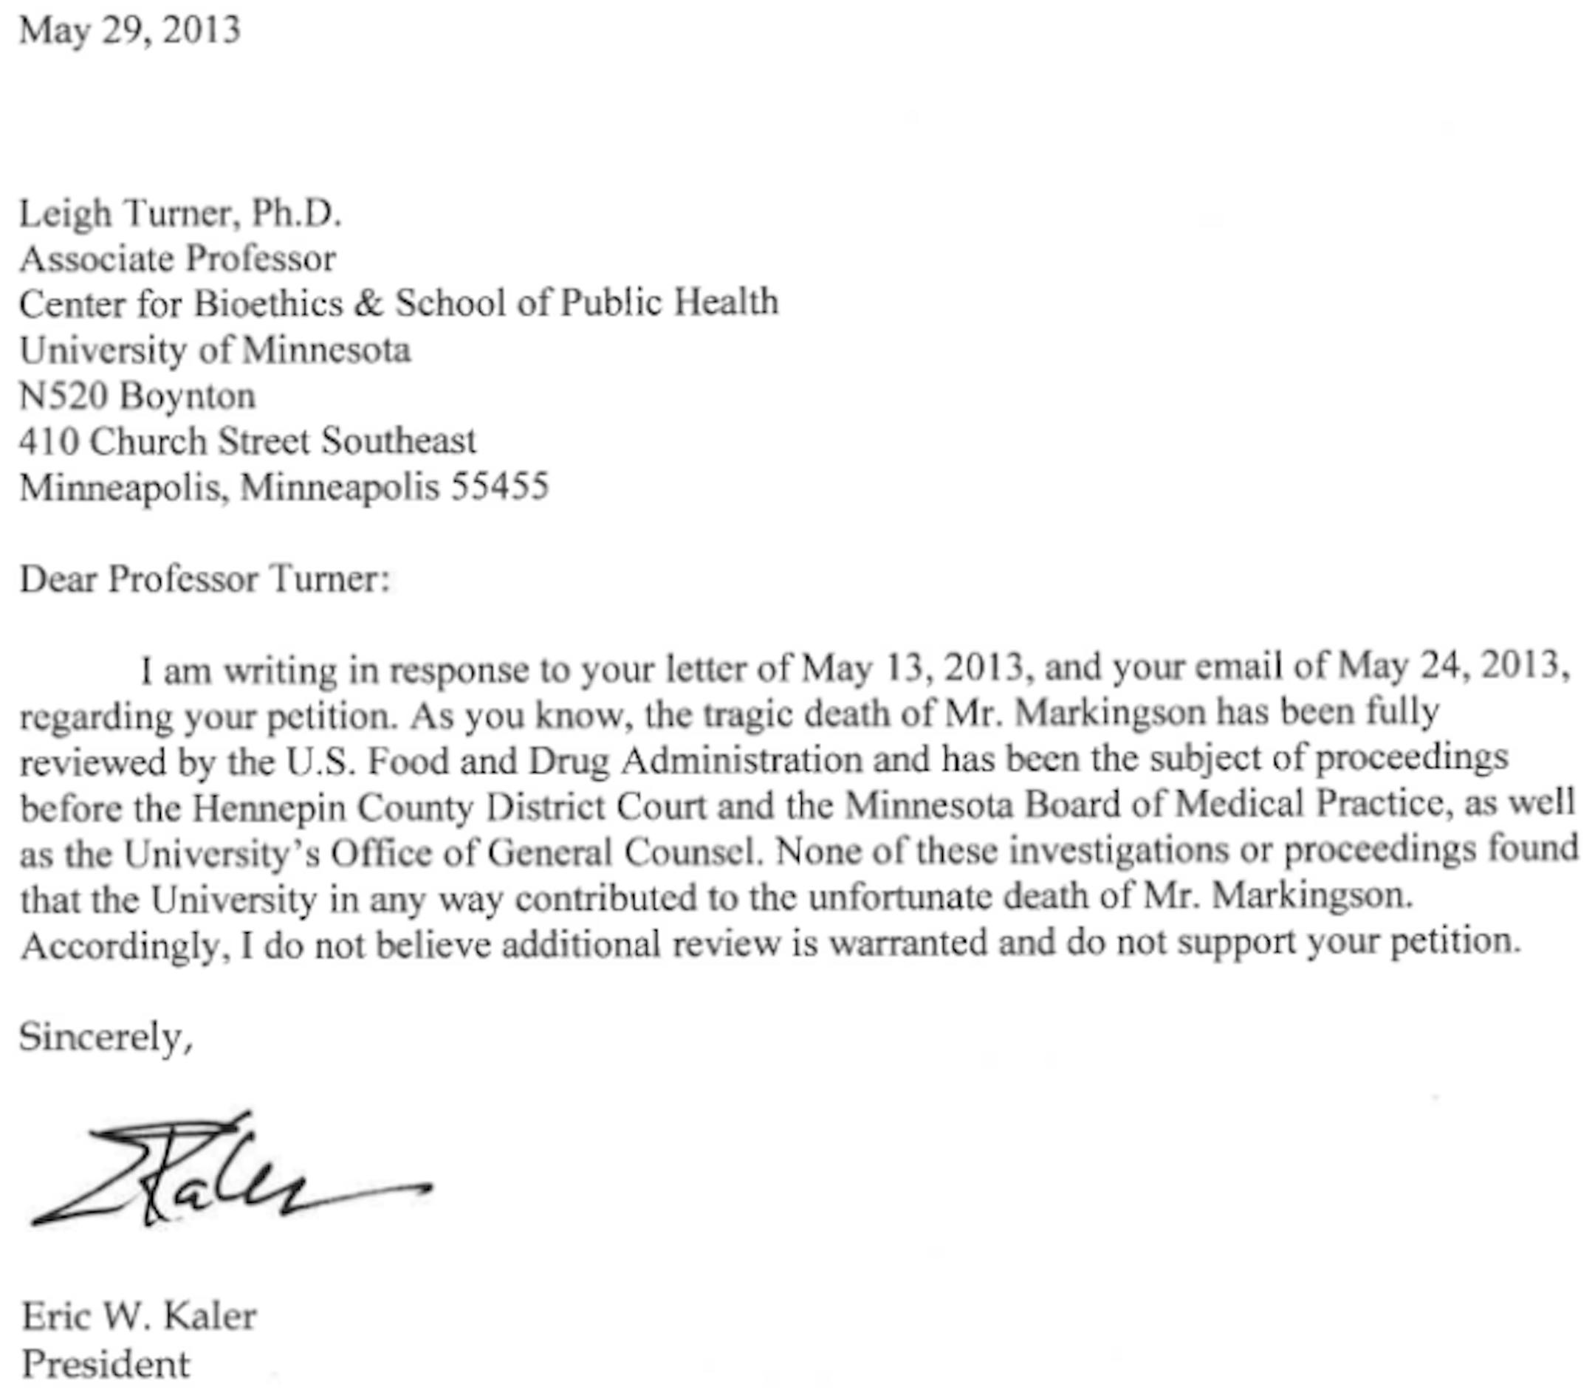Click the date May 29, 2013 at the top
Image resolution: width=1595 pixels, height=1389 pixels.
[x=129, y=31]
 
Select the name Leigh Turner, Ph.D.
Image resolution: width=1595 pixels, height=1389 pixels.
[x=180, y=213]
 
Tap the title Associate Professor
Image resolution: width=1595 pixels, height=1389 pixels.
[x=177, y=259]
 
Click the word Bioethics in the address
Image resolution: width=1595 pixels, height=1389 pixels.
[x=267, y=303]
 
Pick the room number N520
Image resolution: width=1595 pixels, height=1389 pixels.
[x=64, y=396]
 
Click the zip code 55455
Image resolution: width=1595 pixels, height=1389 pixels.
[x=500, y=487]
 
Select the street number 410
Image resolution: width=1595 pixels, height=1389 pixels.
[x=48, y=442]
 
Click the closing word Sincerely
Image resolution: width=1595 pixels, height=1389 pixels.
[x=105, y=1036]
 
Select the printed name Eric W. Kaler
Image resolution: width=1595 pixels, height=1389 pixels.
[x=139, y=1316]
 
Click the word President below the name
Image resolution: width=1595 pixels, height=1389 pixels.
[x=106, y=1364]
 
